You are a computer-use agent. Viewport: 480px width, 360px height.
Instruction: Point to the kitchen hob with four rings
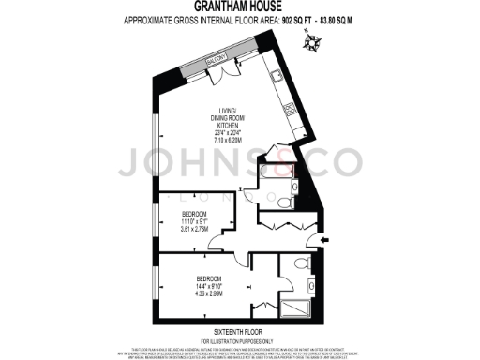pos(290,110)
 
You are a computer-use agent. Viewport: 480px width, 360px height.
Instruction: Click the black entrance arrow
pos(323,241)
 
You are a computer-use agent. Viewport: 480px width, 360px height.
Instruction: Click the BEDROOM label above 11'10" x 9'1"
pos(196,214)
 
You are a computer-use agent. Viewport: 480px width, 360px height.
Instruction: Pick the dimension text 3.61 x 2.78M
pos(196,229)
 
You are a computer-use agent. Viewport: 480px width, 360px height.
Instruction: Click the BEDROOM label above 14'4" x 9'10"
pos(208,279)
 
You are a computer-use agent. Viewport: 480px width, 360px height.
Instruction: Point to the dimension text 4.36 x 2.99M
pos(208,294)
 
